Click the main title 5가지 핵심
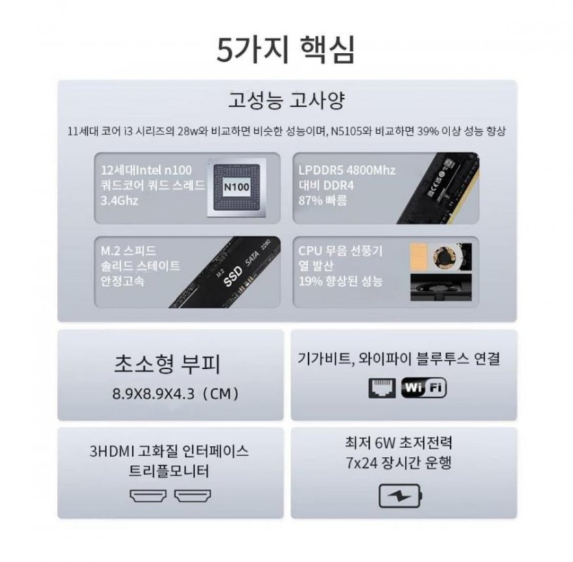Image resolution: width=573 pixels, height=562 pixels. click(285, 49)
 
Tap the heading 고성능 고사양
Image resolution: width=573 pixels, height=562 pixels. click(286, 100)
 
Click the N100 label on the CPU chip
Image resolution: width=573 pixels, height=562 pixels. click(237, 187)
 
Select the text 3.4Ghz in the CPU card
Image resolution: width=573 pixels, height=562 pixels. click(119, 201)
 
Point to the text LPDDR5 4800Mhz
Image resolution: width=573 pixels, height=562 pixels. click(347, 170)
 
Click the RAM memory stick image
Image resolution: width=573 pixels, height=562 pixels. click(438, 188)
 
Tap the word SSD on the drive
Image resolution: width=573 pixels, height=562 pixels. click(233, 276)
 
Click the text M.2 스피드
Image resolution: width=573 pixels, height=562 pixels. click(128, 251)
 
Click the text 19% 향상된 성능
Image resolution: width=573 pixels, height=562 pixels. click(340, 281)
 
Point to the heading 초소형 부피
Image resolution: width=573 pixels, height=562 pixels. click(167, 363)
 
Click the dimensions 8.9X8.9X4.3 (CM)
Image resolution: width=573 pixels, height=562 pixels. click(176, 394)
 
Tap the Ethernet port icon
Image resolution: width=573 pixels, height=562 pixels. click(382, 388)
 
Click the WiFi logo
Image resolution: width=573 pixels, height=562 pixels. click(424, 388)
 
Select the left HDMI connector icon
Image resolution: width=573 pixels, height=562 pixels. click(148, 495)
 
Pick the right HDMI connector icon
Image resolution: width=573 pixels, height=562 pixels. click(193, 495)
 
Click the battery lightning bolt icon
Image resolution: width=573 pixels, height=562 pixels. click(400, 496)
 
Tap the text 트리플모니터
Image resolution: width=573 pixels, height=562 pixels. click(169, 471)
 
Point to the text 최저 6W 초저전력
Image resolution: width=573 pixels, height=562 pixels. click(399, 442)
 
